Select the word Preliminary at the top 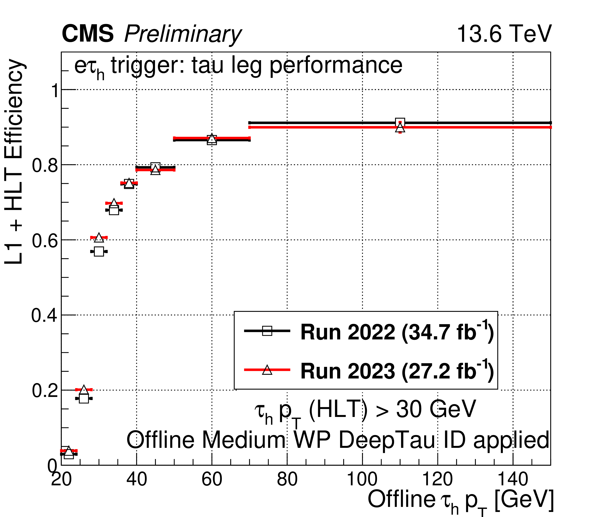183,35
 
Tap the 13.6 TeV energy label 504,34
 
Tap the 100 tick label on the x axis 362,480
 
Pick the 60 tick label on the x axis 212,480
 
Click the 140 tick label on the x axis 513,480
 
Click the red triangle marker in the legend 267,370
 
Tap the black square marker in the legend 267,331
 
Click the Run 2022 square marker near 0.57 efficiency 99,251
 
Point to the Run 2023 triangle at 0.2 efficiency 84,390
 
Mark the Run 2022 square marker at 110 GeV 400,122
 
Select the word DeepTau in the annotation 387,440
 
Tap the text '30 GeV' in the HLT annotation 436,409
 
